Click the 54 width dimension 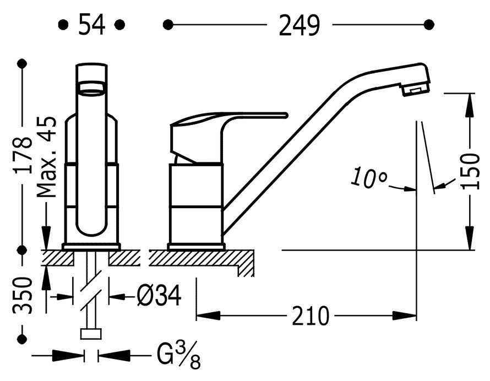[91, 24]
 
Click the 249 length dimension [299, 25]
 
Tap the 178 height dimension [23, 155]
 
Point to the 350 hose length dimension [23, 295]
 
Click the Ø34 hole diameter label [159, 295]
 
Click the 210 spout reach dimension [311, 315]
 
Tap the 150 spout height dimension [470, 171]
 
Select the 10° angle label [369, 178]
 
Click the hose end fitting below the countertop [91, 334]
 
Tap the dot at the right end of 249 [429, 24]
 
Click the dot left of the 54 [63, 25]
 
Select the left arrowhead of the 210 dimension [209, 315]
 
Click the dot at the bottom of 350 [22, 339]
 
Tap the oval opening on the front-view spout [92, 88]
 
